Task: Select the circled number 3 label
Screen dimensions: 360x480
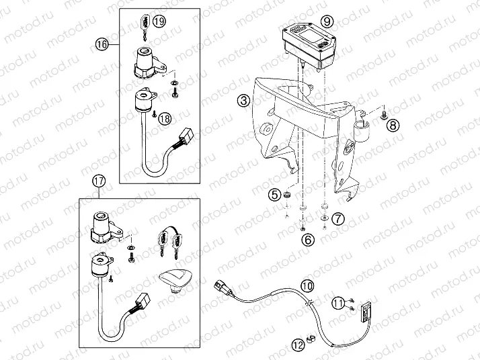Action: [243, 101]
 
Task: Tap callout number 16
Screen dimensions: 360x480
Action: [102, 44]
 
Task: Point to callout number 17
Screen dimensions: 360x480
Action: [98, 179]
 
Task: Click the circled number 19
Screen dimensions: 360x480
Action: [158, 21]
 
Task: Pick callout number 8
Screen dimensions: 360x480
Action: [393, 124]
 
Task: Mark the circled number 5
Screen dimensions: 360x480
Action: [274, 195]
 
